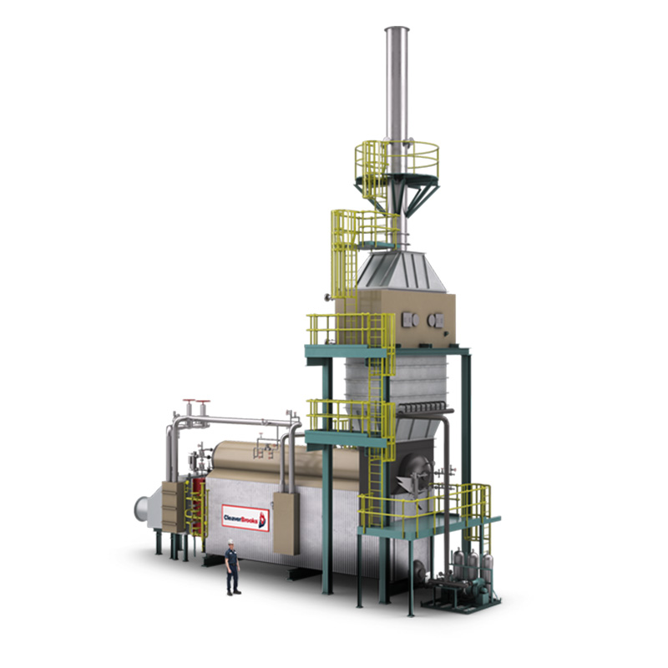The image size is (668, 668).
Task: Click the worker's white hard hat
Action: pyautogui.click(x=230, y=541)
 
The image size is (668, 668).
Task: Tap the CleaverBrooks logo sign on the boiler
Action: pyautogui.click(x=245, y=518)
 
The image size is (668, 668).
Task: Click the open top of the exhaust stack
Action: pyautogui.click(x=397, y=29)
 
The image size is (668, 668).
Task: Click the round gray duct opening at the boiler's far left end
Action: pyautogui.click(x=141, y=509)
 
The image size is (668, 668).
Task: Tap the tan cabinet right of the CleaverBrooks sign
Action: pyautogui.click(x=286, y=524)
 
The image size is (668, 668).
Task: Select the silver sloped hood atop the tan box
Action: pyautogui.click(x=401, y=271)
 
